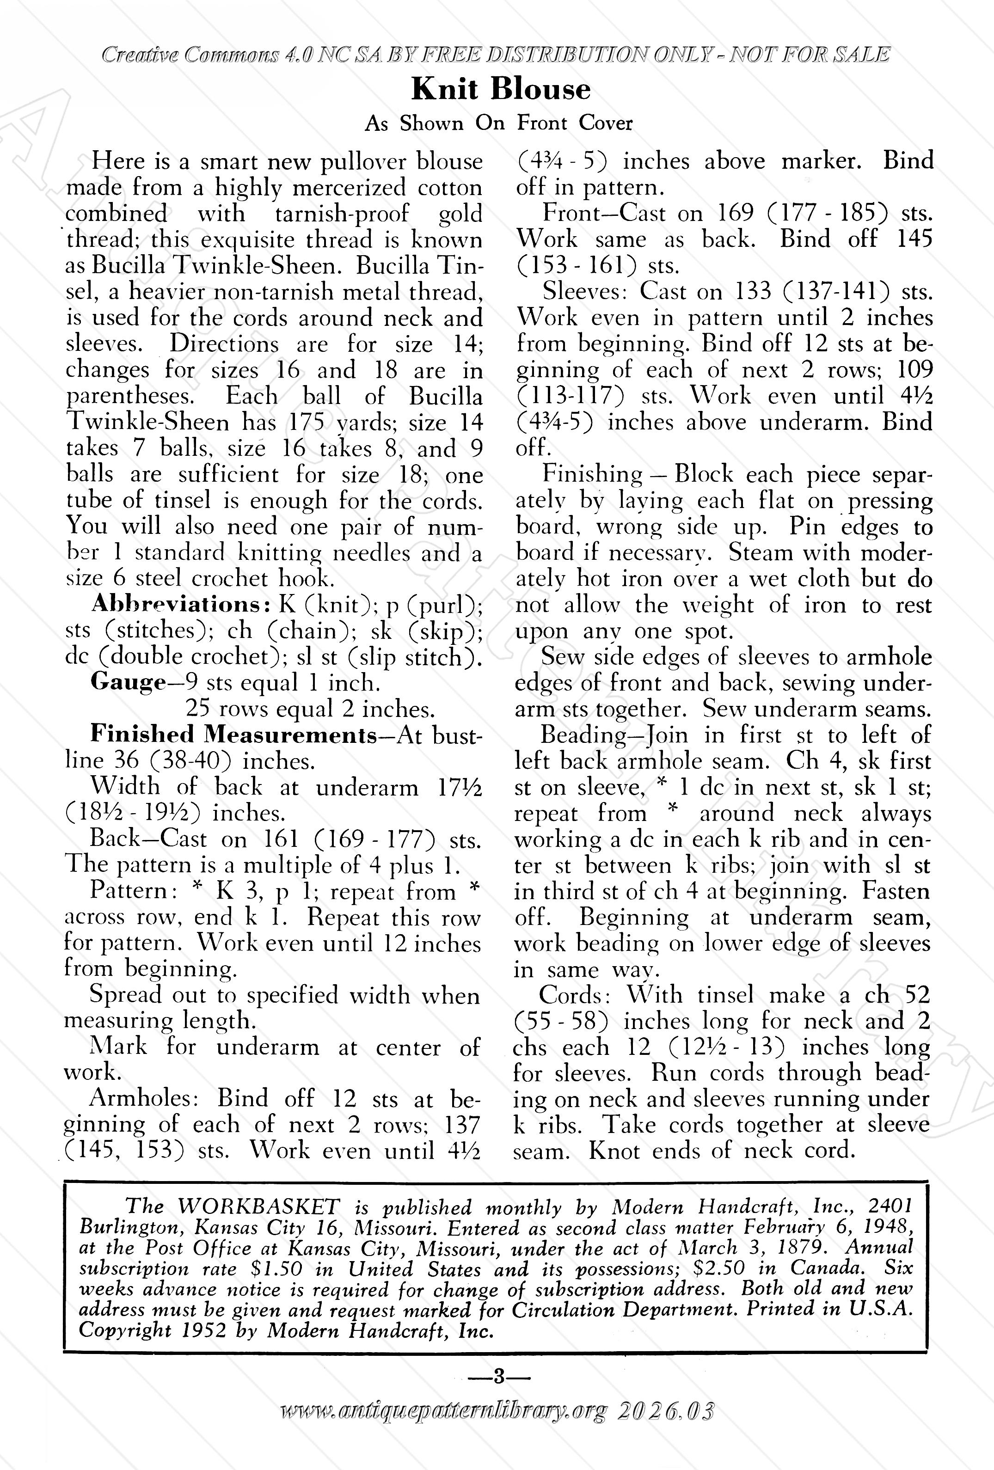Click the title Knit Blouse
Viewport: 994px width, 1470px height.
[x=501, y=89]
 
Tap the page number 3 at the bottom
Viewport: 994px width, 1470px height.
[x=498, y=1376]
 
